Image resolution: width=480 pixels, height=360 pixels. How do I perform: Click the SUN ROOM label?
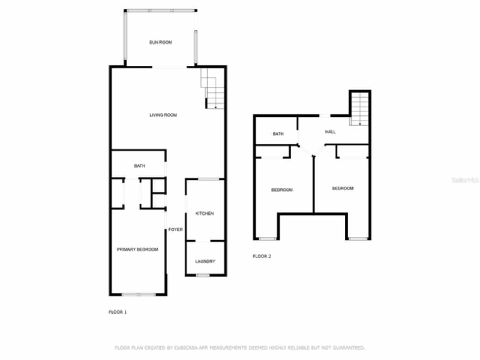[x=160, y=42]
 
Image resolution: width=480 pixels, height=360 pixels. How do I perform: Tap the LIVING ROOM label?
[x=163, y=115]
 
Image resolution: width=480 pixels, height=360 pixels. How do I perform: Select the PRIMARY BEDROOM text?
[x=137, y=249]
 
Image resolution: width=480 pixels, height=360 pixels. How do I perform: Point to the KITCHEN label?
[x=205, y=214]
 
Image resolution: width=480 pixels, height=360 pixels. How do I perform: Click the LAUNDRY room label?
[x=205, y=261]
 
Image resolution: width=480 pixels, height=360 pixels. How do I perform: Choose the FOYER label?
[x=175, y=229]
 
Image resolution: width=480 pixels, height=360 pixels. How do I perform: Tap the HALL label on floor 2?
[x=330, y=132]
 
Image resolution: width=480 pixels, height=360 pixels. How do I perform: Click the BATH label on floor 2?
[x=278, y=134]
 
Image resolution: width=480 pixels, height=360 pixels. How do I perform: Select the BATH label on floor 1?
[x=139, y=166]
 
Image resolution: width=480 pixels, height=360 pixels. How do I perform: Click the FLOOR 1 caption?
[x=118, y=312]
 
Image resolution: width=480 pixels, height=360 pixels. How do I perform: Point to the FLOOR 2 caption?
[x=262, y=256]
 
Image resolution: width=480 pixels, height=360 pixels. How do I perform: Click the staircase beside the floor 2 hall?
[x=360, y=109]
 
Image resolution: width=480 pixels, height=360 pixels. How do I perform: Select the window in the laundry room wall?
[x=203, y=276]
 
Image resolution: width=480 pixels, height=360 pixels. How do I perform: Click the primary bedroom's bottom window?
[x=138, y=294]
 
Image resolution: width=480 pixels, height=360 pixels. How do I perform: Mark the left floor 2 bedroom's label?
[x=282, y=190]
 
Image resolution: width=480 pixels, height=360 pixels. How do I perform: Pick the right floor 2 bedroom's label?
[x=343, y=189]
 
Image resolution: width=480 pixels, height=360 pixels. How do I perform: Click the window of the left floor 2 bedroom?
[x=267, y=238]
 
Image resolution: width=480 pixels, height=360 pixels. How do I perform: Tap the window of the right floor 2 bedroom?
[x=358, y=238]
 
